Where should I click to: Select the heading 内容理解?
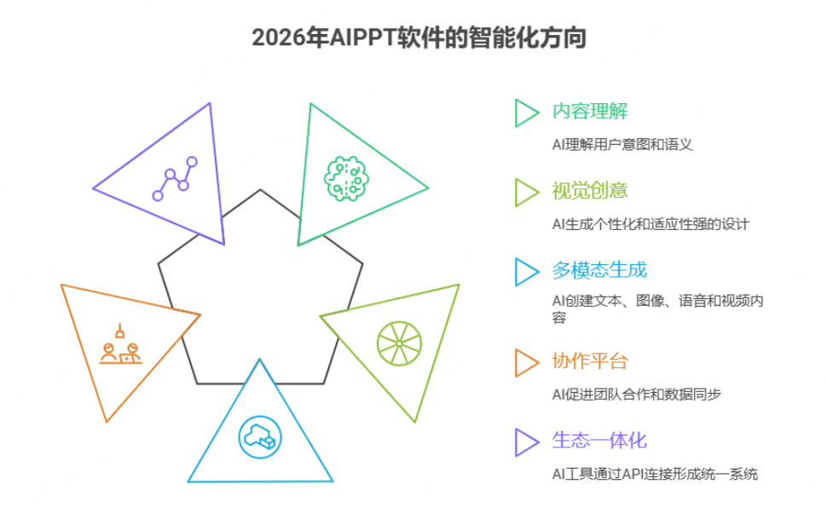[590, 112]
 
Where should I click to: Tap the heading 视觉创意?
[590, 191]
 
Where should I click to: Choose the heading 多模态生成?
[599, 270]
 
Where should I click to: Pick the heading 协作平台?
[590, 360]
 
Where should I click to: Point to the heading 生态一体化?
[599, 441]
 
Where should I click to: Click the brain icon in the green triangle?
[347, 176]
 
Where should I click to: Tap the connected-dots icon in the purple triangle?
[175, 179]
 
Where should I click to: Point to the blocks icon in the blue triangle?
[259, 435]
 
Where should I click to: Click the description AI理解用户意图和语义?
[622, 144]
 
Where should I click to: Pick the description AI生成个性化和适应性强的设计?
[651, 224]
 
